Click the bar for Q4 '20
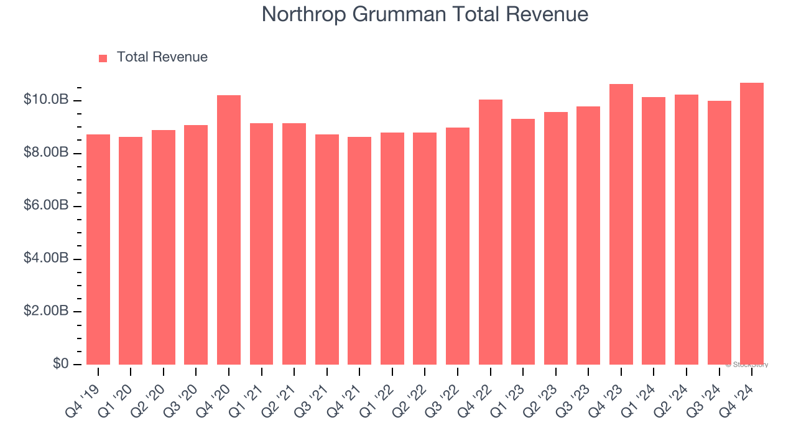(x=229, y=230)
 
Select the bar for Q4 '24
(x=752, y=224)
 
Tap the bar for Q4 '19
(x=98, y=250)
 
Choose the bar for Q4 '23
(x=621, y=225)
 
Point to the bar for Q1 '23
(x=523, y=242)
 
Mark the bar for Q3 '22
(x=458, y=246)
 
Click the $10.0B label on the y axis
(x=45, y=100)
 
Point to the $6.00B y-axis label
(x=45, y=205)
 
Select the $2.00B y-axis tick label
(x=45, y=311)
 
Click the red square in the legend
(x=103, y=58)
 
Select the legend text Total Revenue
(x=162, y=57)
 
